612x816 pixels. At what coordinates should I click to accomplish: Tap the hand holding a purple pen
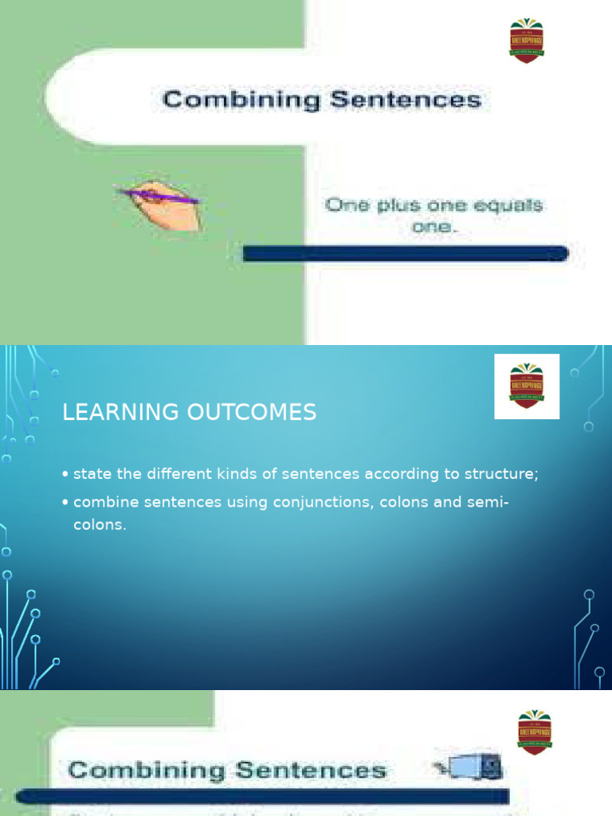[x=163, y=204]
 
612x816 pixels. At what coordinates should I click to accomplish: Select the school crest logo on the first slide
[x=527, y=41]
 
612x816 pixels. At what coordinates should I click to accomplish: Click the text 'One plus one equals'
[x=433, y=205]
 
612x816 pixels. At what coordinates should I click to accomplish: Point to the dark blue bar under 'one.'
[x=405, y=253]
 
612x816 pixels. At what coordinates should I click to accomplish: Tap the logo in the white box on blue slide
[x=527, y=386]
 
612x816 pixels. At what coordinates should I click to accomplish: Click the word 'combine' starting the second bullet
[x=104, y=502]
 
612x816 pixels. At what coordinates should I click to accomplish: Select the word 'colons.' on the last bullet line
[x=100, y=526]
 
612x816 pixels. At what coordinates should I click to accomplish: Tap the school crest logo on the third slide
[x=535, y=732]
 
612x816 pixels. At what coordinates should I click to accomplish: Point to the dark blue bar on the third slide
[x=263, y=795]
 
